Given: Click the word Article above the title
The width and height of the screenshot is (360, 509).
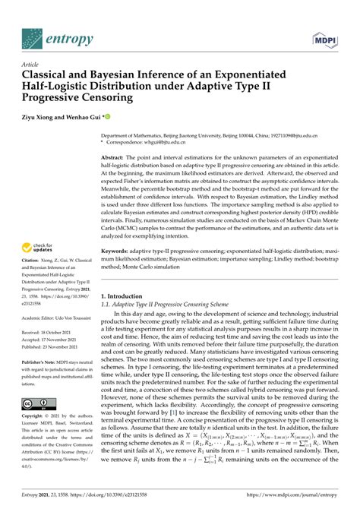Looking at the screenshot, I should coord(31,65).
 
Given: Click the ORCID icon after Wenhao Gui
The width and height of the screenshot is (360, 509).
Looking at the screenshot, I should coord(109,117).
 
